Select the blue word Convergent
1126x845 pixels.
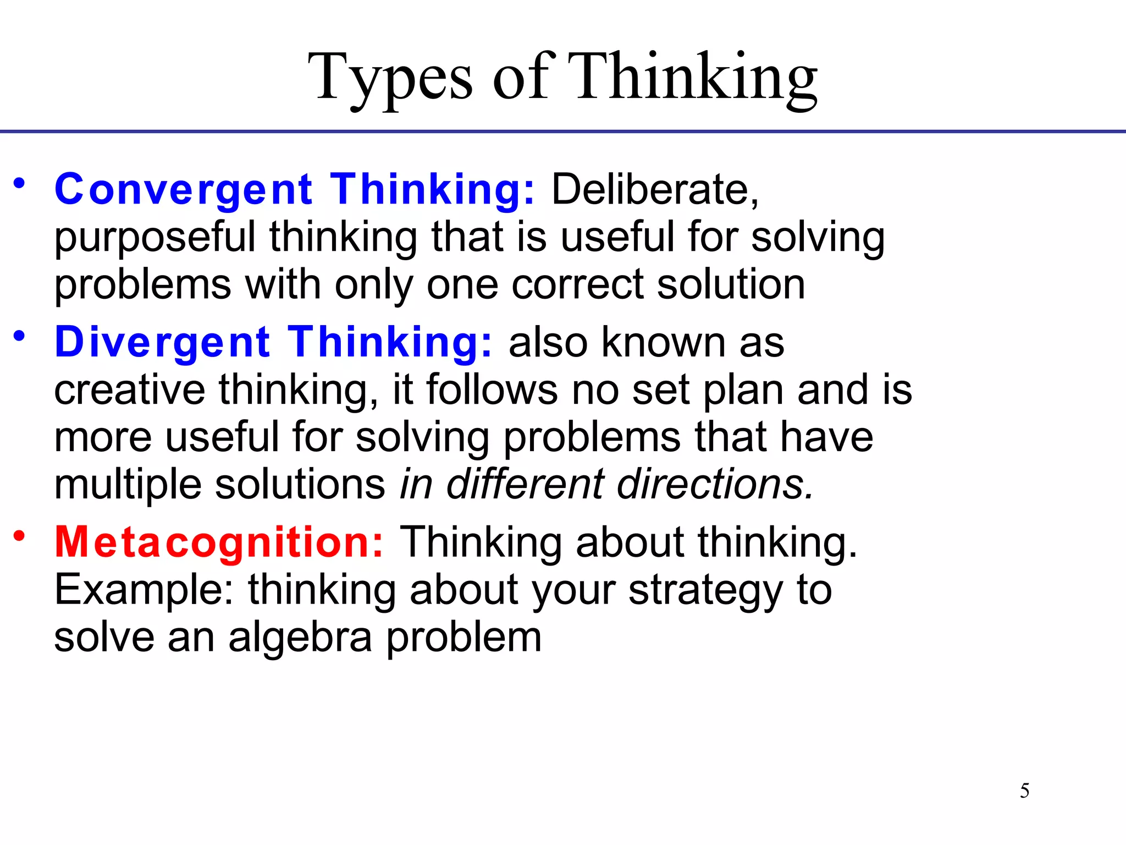click(x=184, y=189)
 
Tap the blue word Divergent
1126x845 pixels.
click(x=163, y=342)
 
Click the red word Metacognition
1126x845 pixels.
click(x=219, y=542)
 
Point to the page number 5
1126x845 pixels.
click(x=1025, y=791)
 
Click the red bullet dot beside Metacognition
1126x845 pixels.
click(x=20, y=535)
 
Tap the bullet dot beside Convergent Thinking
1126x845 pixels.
click(x=20, y=183)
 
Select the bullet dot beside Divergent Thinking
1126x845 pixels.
click(x=20, y=336)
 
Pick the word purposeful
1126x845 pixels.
click(x=154, y=238)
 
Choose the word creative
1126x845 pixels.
click(x=130, y=389)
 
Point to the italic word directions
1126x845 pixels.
click(x=715, y=485)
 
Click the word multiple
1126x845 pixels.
click(x=128, y=485)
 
